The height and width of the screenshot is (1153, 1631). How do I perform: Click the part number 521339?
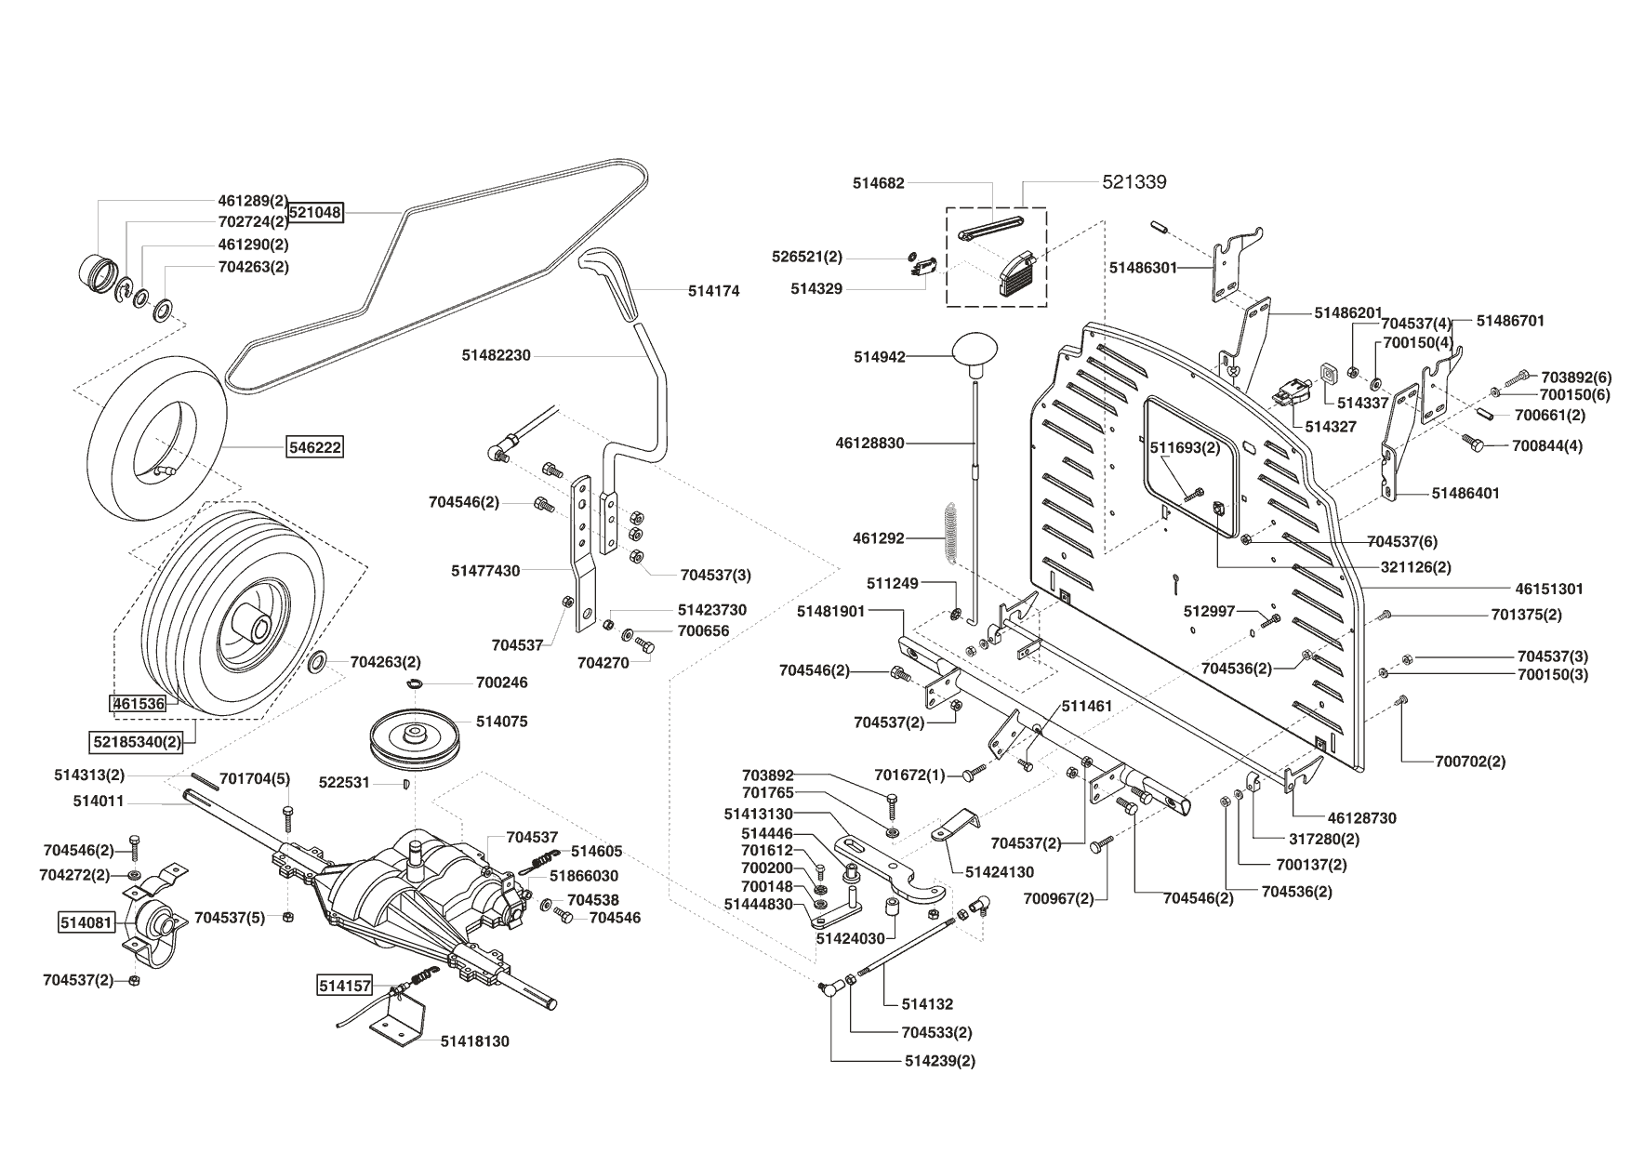1134,182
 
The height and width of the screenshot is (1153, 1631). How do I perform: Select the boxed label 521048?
315,213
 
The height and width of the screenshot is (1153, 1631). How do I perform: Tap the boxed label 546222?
314,447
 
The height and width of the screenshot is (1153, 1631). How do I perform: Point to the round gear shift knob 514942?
975,352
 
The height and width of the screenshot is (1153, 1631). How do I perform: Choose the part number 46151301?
1548,589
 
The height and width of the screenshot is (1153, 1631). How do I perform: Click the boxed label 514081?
86,923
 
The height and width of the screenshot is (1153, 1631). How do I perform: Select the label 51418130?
475,1041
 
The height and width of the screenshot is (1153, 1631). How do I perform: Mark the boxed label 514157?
345,986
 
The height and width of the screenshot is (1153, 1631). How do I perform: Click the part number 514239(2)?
940,1061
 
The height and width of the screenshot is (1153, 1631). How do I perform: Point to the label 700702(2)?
1470,762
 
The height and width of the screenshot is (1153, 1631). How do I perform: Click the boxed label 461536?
139,704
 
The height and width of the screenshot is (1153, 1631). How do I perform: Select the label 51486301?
1143,268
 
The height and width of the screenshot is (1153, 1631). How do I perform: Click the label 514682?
878,184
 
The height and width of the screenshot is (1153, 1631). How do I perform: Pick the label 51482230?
496,355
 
